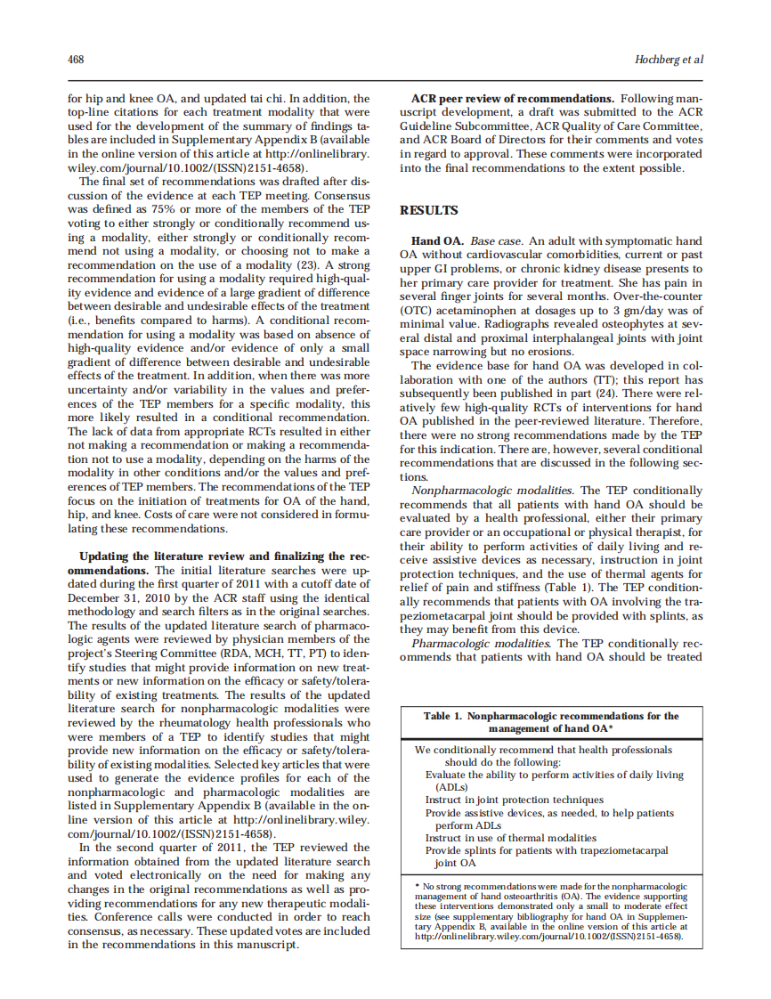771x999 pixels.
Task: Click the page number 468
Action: tap(76, 60)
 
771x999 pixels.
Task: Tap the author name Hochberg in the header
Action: tap(659, 60)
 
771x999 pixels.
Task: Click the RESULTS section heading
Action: tap(429, 210)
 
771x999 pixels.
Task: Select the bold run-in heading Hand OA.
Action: tap(437, 241)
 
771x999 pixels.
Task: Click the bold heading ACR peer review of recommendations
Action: tap(512, 98)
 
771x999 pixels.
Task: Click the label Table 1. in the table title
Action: tap(442, 716)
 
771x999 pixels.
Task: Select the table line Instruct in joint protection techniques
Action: tap(514, 800)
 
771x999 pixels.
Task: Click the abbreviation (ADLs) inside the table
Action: tap(450, 787)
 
